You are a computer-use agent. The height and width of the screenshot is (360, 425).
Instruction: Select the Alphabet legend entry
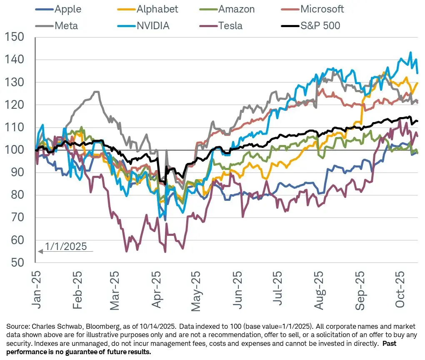[x=159, y=9]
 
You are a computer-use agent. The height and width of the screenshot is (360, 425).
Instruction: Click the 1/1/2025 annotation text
[x=66, y=246]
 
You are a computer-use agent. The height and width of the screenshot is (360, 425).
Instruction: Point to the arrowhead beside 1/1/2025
[x=40, y=251]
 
